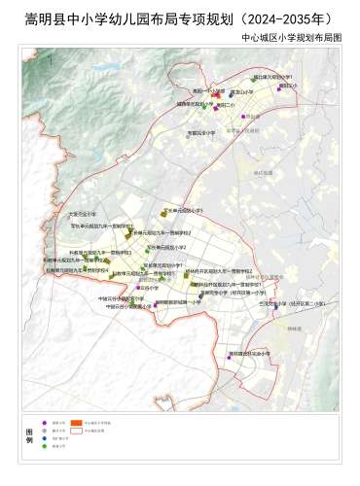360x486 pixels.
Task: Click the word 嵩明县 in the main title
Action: pos(45,17)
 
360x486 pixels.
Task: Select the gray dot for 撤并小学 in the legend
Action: pos(44,432)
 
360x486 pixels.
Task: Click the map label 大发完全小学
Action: pos(82,213)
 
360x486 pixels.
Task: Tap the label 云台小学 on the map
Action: pos(149,288)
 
